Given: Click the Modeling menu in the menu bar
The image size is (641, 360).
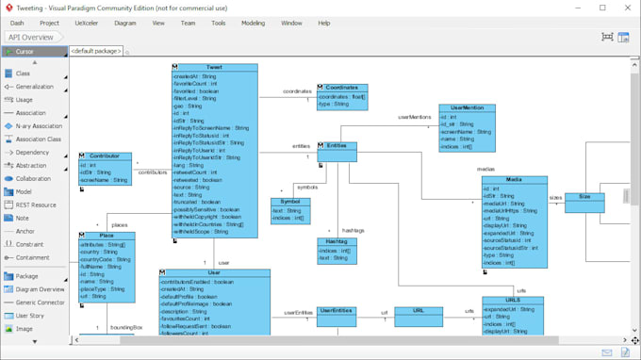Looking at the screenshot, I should [253, 23].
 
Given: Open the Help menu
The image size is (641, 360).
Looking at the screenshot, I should [323, 23].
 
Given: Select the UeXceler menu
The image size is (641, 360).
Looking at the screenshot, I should [86, 23].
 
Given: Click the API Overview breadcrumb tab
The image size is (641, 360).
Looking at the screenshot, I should [30, 38].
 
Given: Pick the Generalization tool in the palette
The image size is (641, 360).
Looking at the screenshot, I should [34, 87].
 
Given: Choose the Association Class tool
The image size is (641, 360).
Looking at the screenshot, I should [38, 139].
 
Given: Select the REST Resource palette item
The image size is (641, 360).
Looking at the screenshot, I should [35, 205].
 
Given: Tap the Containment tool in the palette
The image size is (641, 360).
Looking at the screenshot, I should [32, 257].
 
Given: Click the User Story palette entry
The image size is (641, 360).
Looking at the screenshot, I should [29, 316].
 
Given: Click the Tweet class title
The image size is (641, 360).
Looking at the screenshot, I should [215, 68].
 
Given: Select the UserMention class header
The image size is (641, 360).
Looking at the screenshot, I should [467, 108].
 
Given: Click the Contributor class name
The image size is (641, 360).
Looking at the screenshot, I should [105, 156].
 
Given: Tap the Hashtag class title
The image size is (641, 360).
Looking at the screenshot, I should [337, 242].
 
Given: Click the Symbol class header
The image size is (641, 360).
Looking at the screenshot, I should [290, 202].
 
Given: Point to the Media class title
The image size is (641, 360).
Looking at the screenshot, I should [514, 179].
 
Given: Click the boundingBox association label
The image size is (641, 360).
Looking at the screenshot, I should [125, 327].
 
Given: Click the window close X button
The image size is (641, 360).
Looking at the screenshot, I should [628, 8].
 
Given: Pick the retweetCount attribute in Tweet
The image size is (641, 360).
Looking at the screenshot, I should [196, 172].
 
